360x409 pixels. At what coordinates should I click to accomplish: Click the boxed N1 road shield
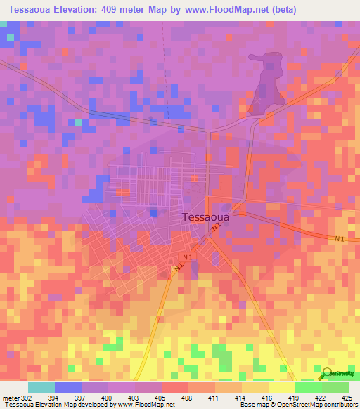click(x=187, y=258)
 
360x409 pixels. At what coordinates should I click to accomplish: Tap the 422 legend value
click(x=321, y=398)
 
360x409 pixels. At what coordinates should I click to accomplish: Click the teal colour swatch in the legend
click(x=41, y=387)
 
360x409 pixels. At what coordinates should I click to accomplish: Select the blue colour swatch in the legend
click(x=67, y=387)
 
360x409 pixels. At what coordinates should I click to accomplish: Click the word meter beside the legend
click(x=11, y=398)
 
